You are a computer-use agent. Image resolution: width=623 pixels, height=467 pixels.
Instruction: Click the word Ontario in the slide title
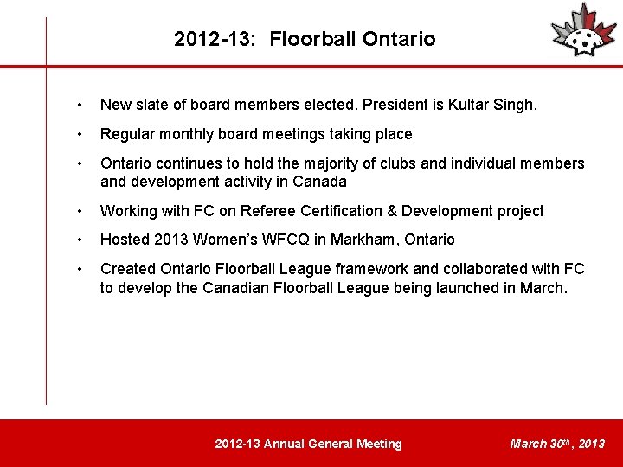click(399, 39)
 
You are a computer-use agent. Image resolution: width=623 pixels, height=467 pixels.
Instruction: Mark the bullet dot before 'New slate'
click(80, 106)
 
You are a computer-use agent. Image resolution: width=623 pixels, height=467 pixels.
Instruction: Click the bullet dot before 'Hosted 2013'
click(80, 240)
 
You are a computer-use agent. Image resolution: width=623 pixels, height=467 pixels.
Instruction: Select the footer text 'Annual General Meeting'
click(332, 444)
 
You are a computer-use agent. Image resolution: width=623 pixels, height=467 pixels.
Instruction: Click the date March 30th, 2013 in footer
click(557, 444)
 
